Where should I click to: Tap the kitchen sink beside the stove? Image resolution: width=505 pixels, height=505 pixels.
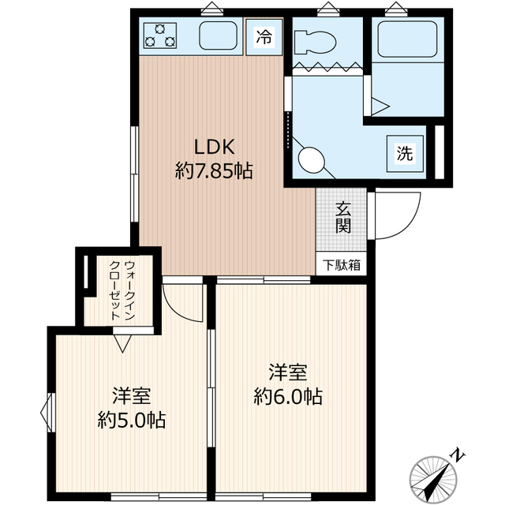coord(219,36)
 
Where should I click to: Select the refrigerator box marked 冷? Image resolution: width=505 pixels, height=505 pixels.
coord(264,36)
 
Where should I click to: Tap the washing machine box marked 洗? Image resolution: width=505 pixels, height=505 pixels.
coord(404,154)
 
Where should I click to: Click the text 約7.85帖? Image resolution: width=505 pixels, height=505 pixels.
coord(214,170)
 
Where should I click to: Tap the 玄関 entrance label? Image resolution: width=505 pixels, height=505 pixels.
coord(342,217)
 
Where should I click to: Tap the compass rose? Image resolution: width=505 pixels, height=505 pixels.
coord(433,477)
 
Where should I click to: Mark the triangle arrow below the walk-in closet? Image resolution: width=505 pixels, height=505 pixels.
coord(122,343)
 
